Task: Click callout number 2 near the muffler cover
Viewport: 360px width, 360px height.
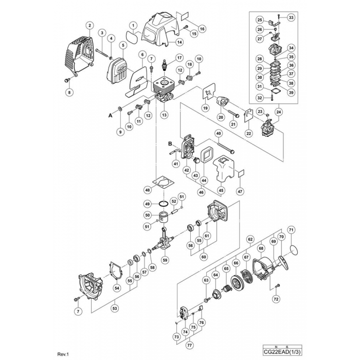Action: click(90, 25)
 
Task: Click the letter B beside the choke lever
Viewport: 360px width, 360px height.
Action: click(170, 145)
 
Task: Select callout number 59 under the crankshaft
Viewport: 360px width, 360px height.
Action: click(165, 261)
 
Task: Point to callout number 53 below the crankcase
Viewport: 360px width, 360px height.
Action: click(115, 309)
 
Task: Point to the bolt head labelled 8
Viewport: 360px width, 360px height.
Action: click(68, 80)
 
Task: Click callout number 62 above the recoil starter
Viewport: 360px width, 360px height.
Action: click(250, 239)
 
